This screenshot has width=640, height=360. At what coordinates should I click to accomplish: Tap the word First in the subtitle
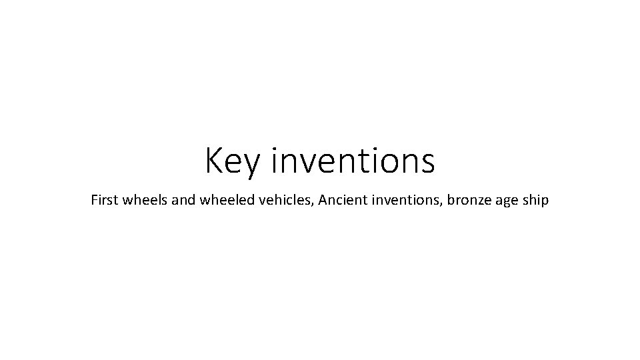tap(104, 199)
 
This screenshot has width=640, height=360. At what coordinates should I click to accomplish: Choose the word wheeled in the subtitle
tap(220, 199)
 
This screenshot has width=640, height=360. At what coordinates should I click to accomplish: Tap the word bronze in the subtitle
tap(467, 200)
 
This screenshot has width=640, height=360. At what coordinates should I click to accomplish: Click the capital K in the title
tap(214, 161)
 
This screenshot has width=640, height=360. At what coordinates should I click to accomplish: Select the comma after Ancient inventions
tap(441, 205)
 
